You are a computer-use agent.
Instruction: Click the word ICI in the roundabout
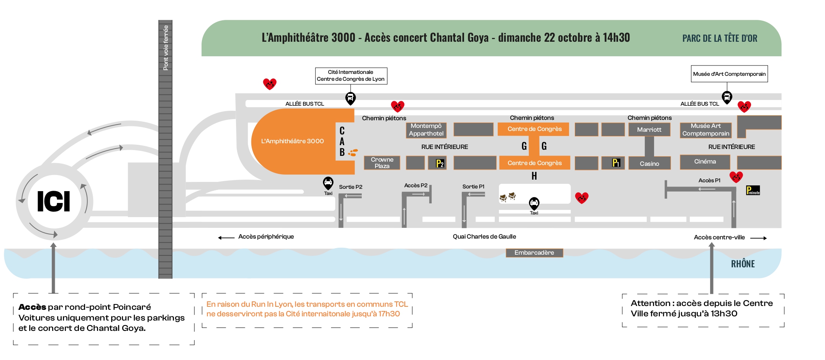point(54,201)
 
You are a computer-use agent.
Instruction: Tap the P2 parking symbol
point(440,164)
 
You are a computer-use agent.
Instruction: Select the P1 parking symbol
point(616,163)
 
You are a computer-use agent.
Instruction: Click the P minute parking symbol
point(753,190)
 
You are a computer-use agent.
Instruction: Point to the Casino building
point(650,164)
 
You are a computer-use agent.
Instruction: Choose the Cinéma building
point(705,162)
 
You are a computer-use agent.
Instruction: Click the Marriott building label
point(649,130)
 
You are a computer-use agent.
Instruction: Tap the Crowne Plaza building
point(382,163)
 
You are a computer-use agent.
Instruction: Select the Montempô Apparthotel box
point(426,130)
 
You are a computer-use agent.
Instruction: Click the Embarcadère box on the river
point(534,253)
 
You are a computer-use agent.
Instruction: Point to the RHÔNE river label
point(743,264)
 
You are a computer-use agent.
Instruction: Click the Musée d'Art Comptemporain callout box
point(729,74)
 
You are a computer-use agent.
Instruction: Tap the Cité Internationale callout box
point(351,75)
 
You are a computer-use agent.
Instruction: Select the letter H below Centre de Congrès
point(534,176)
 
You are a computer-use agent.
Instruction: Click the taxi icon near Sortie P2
point(328,183)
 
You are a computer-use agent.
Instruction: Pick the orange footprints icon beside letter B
point(353,153)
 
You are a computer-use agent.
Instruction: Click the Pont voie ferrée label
point(166,48)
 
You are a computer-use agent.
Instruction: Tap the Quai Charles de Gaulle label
point(484,237)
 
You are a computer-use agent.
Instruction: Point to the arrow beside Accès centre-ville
point(758,238)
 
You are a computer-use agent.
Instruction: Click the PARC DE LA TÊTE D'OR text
point(720,38)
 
